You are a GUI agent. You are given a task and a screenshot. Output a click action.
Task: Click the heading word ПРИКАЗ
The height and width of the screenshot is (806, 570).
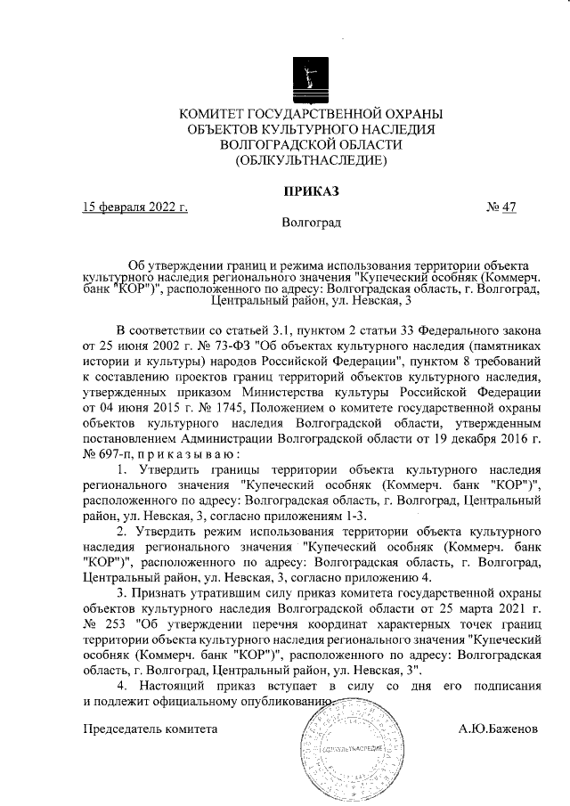[x=311, y=191]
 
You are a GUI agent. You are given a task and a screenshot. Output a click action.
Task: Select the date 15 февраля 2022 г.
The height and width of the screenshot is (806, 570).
[x=134, y=208]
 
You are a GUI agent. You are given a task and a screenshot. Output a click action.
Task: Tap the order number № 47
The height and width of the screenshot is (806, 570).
[x=502, y=208]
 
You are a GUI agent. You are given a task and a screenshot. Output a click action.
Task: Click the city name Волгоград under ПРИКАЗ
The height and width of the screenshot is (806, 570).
[x=311, y=223]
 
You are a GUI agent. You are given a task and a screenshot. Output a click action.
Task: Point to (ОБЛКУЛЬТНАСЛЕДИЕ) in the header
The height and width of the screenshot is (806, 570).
[x=311, y=161]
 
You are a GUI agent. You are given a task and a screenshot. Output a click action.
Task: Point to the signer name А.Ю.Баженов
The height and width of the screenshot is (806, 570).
[x=498, y=729]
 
